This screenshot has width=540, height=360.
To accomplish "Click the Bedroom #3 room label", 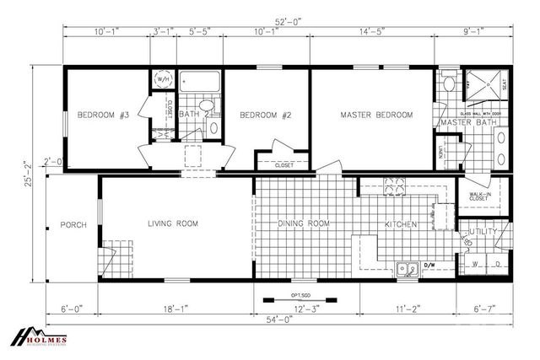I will (x=102, y=115).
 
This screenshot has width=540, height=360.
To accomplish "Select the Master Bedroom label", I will (x=375, y=115).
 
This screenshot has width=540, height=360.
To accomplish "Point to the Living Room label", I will (x=172, y=223).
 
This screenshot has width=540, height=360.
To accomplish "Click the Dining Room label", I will (x=304, y=223).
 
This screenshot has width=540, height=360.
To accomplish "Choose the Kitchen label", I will (x=400, y=224).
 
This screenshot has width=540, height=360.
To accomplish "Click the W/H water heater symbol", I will (x=160, y=79).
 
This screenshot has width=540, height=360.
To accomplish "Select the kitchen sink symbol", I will (x=408, y=270).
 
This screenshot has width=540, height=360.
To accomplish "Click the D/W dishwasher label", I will (x=429, y=264).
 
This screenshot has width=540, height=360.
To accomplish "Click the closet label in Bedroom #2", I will (x=284, y=165).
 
